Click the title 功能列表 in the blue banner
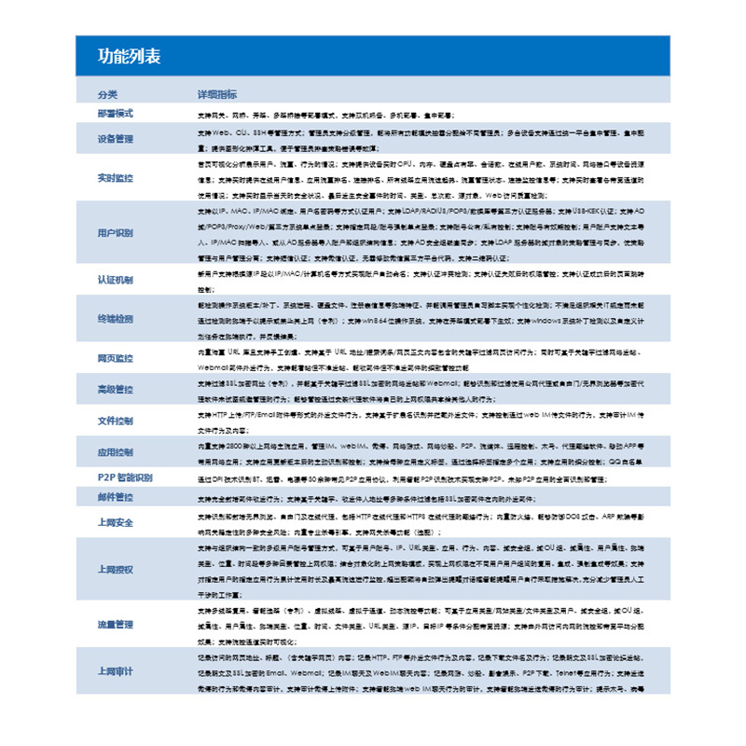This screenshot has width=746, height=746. pos(130,57)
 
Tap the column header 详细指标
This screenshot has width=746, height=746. pos(216,95)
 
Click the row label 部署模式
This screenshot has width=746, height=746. pos(116,113)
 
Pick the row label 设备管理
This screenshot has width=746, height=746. pos(116,139)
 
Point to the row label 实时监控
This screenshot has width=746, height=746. pos(116,177)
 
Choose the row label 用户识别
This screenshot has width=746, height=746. pos(116,232)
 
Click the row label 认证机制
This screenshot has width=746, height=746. pos(116,279)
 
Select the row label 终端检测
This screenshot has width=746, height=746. pos(116,318)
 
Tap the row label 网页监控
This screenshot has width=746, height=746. pos(116,358)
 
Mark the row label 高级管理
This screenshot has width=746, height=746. pos(116,389)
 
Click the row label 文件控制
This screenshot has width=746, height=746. pos(116,421)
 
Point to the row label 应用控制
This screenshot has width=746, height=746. pos(116,453)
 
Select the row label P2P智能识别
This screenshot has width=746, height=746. pos(125,477)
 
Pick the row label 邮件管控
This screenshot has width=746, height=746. pos(116,497)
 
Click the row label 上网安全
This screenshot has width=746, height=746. pos(116,522)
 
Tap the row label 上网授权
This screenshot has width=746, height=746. pos(116,569)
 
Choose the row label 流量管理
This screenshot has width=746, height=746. pos(116,623)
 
